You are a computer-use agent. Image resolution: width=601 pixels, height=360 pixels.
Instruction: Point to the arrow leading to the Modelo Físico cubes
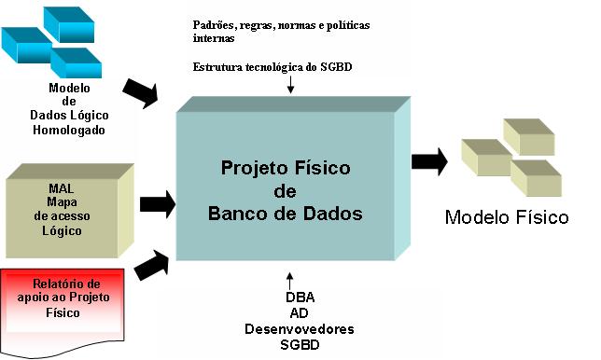coord(429,161)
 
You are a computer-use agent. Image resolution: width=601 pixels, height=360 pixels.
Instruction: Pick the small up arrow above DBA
coord(290,280)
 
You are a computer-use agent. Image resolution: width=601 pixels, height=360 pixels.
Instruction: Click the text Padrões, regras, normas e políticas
coord(281,24)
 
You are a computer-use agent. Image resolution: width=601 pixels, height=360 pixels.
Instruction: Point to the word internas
coord(213,39)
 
